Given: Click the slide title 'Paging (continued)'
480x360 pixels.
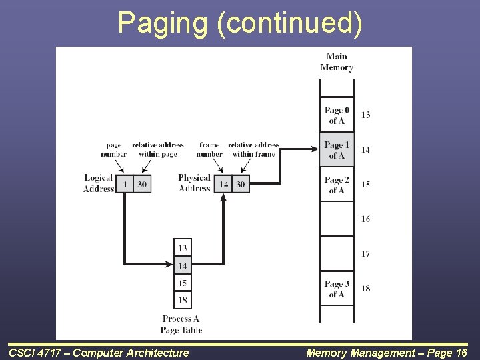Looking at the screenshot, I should click(x=240, y=23).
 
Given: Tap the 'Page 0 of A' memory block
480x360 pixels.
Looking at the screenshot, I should click(x=337, y=115).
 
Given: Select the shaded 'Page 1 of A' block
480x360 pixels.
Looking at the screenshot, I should click(x=337, y=150).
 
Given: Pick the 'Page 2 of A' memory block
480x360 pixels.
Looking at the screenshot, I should click(x=337, y=185).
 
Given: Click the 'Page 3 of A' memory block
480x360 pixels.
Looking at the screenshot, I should click(x=337, y=289).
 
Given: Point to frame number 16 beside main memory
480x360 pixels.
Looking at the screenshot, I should click(x=365, y=219).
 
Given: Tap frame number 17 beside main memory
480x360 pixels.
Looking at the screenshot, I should click(x=365, y=253).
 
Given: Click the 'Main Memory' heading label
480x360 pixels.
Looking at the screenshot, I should click(x=337, y=62).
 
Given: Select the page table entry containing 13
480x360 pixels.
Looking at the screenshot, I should click(x=183, y=248).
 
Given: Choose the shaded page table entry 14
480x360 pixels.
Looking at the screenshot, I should click(x=183, y=265).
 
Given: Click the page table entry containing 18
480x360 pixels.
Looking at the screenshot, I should click(x=183, y=300).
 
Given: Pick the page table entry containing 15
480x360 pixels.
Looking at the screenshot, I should click(x=183, y=283).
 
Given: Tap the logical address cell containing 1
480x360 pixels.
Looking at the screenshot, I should click(x=125, y=185).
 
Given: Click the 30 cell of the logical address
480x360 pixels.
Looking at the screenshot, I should click(x=142, y=185).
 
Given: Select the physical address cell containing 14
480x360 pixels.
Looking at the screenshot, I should click(x=223, y=185).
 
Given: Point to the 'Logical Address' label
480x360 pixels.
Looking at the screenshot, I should click(x=99, y=183).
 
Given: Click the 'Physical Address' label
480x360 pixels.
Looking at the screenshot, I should click(x=194, y=183).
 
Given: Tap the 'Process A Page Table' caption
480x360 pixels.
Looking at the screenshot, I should click(x=181, y=325).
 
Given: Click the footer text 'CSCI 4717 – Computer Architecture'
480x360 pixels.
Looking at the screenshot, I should click(x=99, y=353).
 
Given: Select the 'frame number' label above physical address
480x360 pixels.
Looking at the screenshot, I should click(x=209, y=149).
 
